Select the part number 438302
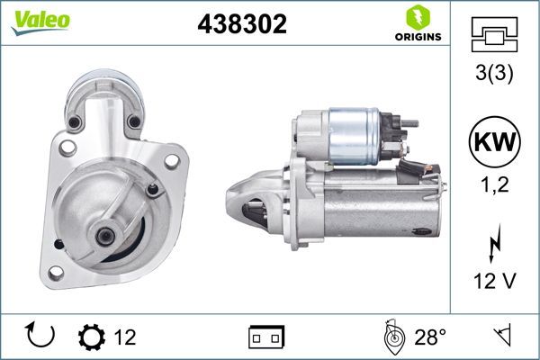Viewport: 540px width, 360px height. pyautogui.click(x=242, y=25)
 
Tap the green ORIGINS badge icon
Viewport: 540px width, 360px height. pyautogui.click(x=417, y=19)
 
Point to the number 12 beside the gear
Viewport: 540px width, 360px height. pyautogui.click(x=125, y=337)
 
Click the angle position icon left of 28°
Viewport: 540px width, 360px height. pyautogui.click(x=391, y=337)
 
